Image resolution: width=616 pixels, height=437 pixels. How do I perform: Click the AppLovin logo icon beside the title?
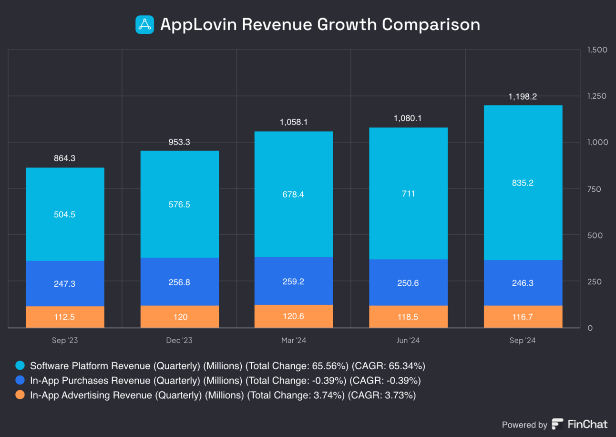144,25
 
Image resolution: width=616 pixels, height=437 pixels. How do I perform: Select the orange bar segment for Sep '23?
65,317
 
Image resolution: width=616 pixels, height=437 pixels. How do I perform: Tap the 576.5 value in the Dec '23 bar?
179,204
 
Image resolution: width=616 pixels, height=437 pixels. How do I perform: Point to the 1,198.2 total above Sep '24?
523,96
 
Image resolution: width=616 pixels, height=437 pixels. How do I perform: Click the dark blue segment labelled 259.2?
294,281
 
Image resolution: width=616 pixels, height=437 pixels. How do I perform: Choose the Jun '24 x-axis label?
408,341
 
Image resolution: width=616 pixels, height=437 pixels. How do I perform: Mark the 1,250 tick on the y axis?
596,96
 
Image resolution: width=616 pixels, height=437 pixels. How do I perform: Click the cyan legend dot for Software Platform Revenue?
20,366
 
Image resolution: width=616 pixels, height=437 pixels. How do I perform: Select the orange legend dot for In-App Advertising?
20,395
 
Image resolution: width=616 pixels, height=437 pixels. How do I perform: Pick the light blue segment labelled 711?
408,194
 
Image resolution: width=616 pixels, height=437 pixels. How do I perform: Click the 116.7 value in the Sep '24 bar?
523,317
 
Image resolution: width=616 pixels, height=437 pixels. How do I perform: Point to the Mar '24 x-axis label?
294,341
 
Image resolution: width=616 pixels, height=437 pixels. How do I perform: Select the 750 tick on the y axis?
594,189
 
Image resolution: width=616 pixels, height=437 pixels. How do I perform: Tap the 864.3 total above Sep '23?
65,158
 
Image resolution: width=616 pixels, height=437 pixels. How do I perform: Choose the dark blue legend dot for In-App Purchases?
20,381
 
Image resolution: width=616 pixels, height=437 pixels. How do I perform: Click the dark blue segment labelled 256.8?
179,282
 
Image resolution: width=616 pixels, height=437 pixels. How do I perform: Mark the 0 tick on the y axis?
590,328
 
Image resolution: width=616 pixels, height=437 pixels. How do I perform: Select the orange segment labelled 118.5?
408,317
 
